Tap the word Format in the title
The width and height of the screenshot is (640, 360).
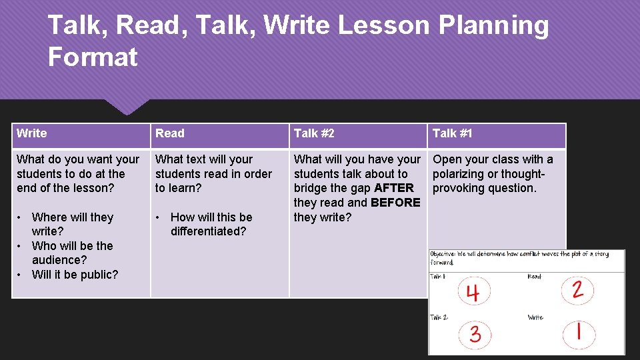[x=93, y=57]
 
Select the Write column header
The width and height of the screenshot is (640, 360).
[x=32, y=133]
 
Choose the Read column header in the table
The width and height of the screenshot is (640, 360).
[x=170, y=133]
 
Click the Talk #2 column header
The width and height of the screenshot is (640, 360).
[x=314, y=133]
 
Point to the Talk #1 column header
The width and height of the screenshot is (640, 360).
[x=452, y=133]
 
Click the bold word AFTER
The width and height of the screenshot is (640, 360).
[x=394, y=188]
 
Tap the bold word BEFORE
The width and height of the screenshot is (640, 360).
[x=395, y=203]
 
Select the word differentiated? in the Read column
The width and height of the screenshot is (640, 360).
[x=208, y=231]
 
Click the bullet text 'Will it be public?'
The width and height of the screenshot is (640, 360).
[x=75, y=275]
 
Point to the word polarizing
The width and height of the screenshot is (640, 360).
[x=461, y=174]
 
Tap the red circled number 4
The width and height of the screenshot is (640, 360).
[x=473, y=292]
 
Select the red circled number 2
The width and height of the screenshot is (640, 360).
[x=577, y=289]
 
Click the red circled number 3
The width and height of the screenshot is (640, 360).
[x=475, y=333]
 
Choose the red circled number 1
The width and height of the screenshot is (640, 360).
[x=577, y=332]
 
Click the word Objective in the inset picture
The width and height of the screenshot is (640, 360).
[x=443, y=255]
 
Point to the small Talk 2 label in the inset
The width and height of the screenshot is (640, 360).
[x=439, y=317]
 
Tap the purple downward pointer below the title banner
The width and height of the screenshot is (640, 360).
[x=127, y=107]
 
